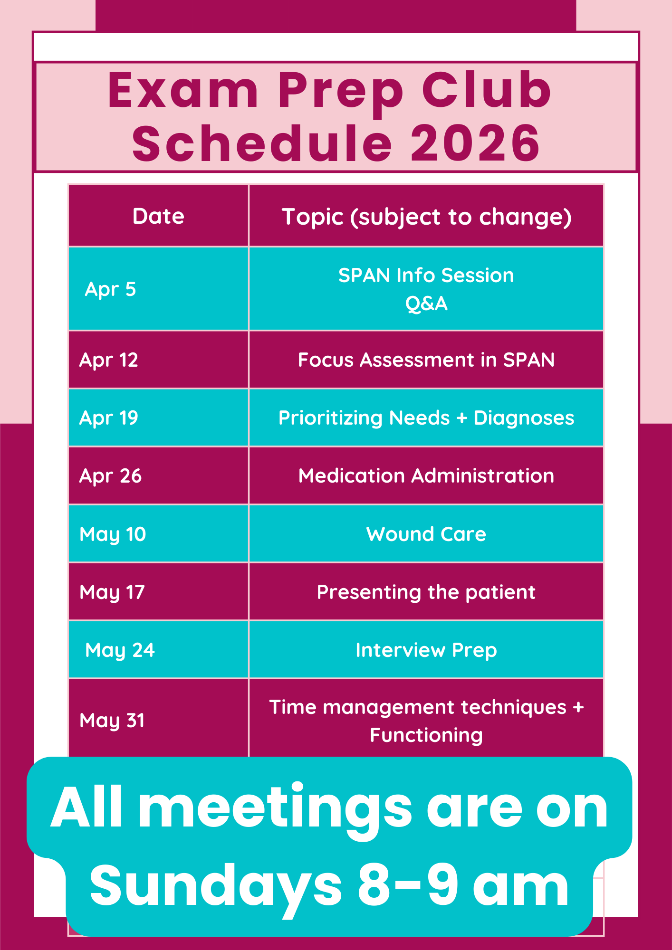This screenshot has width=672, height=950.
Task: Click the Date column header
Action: pos(158,216)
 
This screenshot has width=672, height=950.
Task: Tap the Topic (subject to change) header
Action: pos(426,217)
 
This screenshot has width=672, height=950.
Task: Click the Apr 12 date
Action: pos(109,360)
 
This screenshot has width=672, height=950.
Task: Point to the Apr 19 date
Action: pos(109,418)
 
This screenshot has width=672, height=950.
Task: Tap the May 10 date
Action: pos(113,534)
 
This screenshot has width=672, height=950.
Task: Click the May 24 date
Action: pos(120,650)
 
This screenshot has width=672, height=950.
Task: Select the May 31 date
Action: pos(112,721)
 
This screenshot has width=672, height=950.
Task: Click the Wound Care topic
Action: pos(426,534)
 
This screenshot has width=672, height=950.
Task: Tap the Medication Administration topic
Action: pos(426,476)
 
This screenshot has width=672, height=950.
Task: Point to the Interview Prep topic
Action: pos(426,650)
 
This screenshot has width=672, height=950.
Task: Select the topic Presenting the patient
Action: pos(426,592)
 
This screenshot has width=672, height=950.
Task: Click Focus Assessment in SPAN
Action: pos(426,360)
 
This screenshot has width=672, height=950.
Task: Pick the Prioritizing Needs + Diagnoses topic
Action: pos(426,418)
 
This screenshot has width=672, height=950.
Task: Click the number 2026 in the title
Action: pos(475,142)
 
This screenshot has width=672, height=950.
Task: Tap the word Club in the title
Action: pos(487,89)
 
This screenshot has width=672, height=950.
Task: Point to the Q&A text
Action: pos(426,304)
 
